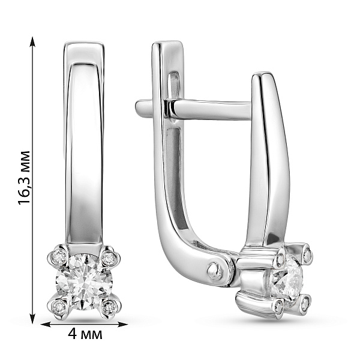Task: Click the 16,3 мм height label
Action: tap(24, 178)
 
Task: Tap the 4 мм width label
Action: tap(85, 334)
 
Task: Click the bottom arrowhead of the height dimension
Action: tap(33, 318)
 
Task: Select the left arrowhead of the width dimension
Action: tap(46, 324)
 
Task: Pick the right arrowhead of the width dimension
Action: tap(122, 324)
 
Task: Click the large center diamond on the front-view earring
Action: tap(83, 282)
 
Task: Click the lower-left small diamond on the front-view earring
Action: tap(59, 306)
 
